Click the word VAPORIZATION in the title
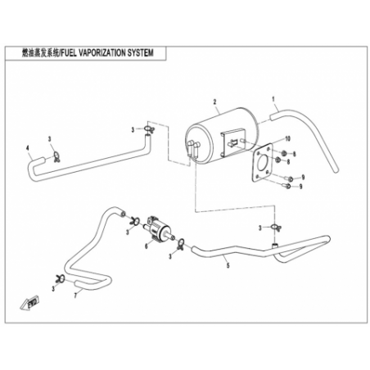pos(102,53)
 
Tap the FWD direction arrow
pos(30,303)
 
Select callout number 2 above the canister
pos(214,102)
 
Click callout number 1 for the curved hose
pos(273,99)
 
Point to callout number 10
pos(287,139)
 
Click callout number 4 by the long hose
pos(27,148)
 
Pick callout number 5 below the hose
pos(228,265)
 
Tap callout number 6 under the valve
pos(147,246)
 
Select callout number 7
pos(75,296)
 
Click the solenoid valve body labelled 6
pos(156,229)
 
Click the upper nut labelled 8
pos(283,153)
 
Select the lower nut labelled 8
pos(277,160)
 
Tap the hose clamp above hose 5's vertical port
pos(275,227)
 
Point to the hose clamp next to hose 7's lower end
pos(61,279)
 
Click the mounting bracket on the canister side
pos(232,142)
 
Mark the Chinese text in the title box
pos(40,53)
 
